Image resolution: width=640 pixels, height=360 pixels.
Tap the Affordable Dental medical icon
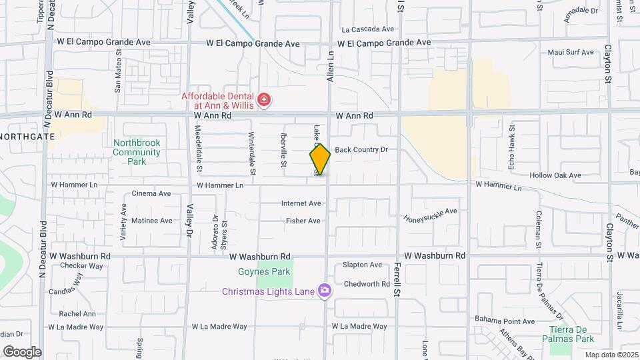click(x=265, y=101)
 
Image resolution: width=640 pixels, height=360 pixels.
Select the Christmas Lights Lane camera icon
click(x=324, y=291)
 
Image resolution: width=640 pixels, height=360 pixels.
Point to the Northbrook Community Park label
click(x=137, y=152)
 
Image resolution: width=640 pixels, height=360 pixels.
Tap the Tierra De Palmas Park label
click(x=571, y=334)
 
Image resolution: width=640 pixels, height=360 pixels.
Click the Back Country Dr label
click(x=361, y=150)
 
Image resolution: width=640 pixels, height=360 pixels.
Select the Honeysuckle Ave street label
click(x=431, y=215)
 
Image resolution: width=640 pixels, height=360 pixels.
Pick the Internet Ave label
click(x=301, y=203)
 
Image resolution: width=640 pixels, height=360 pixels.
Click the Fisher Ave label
click(x=303, y=221)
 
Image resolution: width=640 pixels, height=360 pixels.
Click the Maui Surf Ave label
click(x=570, y=52)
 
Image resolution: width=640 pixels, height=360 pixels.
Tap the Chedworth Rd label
click(x=366, y=284)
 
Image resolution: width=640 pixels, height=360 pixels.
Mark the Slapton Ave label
click(x=362, y=265)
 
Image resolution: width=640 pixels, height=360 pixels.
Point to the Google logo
click(x=22, y=351)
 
